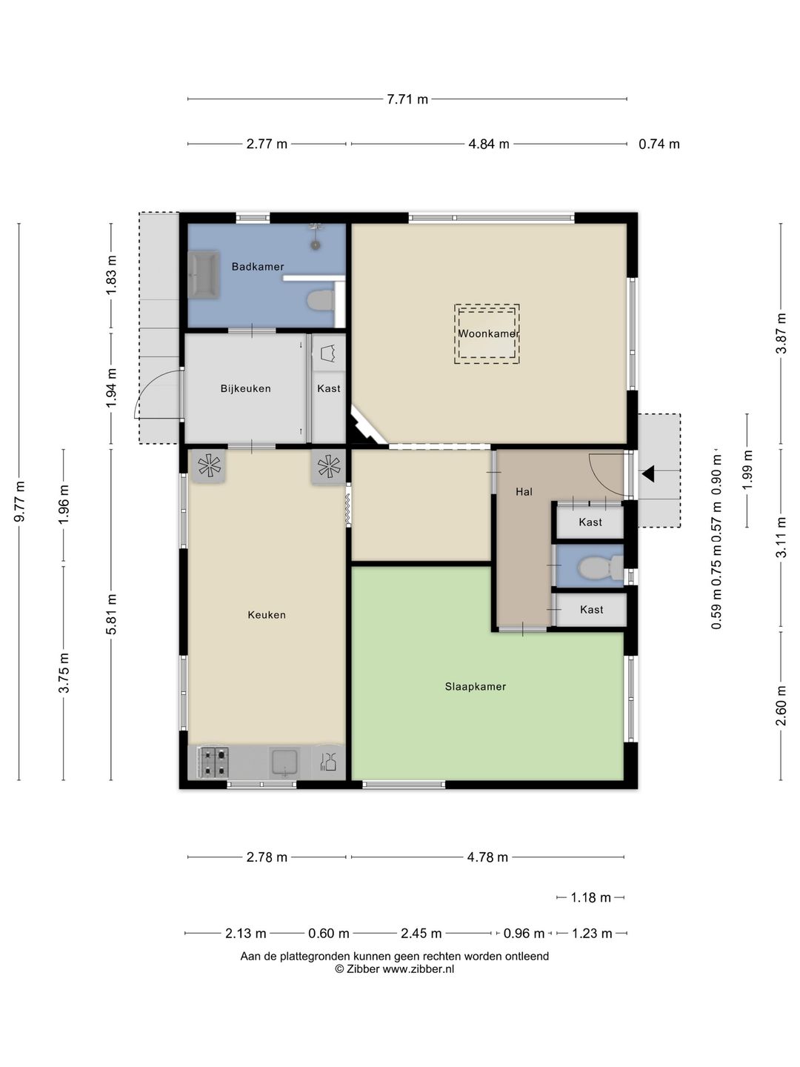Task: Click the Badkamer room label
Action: [x=258, y=267]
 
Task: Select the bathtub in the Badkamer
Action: [x=204, y=274]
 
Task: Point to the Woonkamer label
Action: [x=488, y=333]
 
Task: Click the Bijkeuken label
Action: [x=245, y=388]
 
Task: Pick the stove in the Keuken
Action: [x=213, y=762]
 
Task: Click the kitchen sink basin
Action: [x=284, y=762]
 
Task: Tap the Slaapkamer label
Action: [x=475, y=687]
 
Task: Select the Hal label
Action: [x=524, y=492]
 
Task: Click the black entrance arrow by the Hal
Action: [x=648, y=473]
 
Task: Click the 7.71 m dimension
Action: [x=407, y=99]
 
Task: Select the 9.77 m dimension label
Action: [x=19, y=501]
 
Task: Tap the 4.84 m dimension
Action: [x=489, y=144]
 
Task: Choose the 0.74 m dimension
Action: [x=659, y=144]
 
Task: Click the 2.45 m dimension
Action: [x=421, y=934]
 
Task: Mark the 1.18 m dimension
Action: [x=590, y=897]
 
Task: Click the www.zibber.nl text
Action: [x=419, y=968]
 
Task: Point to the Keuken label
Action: [x=267, y=615]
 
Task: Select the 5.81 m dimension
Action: [x=111, y=614]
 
